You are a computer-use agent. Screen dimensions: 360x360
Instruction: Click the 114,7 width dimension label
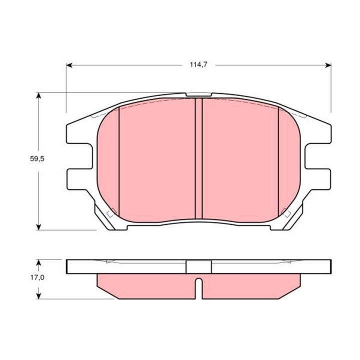pos(198,64)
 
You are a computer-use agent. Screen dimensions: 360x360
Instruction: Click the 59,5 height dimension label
pos(37,158)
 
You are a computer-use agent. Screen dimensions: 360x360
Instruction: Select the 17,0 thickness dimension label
pos(37,277)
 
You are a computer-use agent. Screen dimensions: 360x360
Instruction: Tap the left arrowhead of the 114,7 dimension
pos(69,65)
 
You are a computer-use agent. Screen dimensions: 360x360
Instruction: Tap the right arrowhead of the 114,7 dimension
pos(328,65)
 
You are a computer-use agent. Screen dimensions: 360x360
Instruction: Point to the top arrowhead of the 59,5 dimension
pos(39,95)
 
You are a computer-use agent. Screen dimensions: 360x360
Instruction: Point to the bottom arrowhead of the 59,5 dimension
pos(39,226)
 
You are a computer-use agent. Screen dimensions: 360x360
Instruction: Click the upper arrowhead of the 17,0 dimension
pos(39,263)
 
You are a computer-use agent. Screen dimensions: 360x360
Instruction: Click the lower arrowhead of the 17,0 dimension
pos(39,295)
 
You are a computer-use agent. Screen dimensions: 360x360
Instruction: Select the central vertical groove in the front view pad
pos(198,158)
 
